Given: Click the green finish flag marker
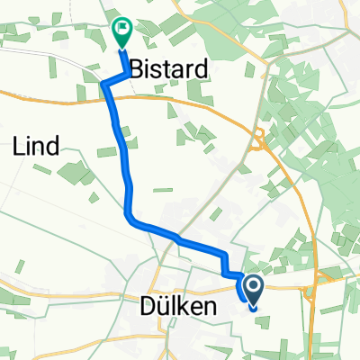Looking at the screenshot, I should click(121, 34).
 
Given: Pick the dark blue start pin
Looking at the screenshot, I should click(253, 291).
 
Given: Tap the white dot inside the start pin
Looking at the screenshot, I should click(253, 287).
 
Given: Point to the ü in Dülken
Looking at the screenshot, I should click(166, 307).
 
